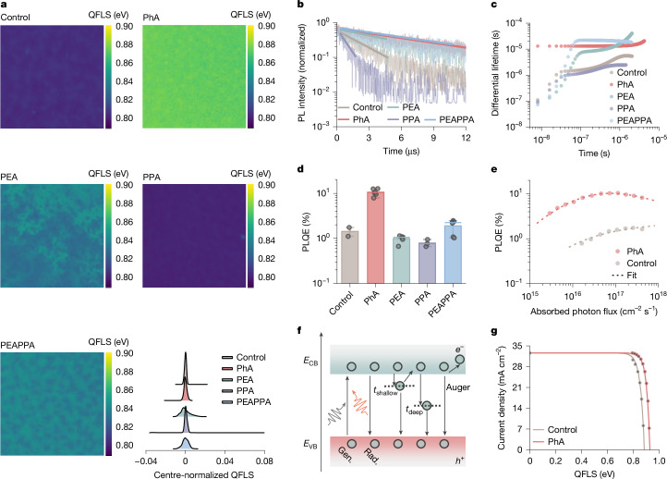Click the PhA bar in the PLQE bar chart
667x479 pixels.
376,238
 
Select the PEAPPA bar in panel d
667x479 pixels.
453,254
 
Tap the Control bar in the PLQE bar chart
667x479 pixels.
349,257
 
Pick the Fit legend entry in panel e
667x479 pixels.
625,276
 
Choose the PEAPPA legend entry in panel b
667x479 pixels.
450,119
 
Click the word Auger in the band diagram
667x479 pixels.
457,387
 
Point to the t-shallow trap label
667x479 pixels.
385,391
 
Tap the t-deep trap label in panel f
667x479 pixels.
414,411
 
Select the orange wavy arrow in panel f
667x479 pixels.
358,402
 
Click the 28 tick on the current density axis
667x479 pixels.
517,366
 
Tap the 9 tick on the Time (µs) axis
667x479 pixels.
433,138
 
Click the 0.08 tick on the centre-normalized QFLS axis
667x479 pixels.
264,461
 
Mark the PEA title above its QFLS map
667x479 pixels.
9,178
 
